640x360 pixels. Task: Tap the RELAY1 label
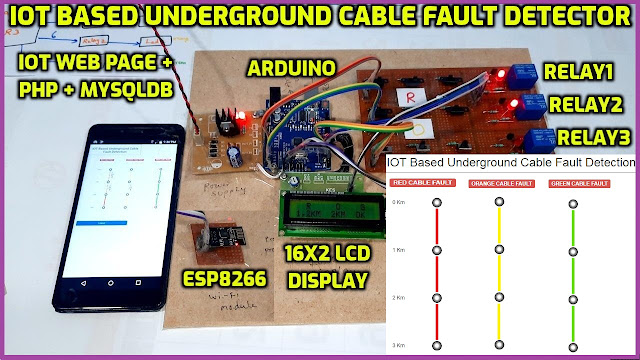578,72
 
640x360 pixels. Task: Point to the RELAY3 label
595,137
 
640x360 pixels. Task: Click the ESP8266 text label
221,277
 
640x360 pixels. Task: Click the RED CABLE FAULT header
423,184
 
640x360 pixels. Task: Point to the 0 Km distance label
398,203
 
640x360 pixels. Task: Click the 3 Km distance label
398,344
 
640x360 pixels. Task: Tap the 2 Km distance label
398,298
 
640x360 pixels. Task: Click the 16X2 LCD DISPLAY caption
329,266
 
